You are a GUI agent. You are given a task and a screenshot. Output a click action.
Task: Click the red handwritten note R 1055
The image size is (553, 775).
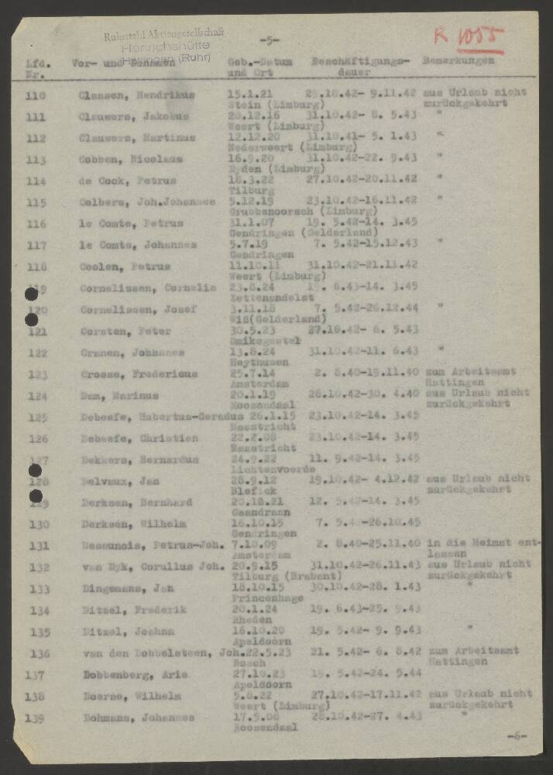click(468, 36)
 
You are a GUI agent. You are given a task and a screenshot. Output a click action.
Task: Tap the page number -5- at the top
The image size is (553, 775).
click(270, 41)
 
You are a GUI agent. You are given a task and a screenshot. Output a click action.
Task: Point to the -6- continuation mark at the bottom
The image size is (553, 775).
click(516, 735)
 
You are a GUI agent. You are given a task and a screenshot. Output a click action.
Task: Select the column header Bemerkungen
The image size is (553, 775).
click(458, 60)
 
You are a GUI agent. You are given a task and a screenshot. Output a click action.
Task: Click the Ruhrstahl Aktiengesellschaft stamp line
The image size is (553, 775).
click(164, 33)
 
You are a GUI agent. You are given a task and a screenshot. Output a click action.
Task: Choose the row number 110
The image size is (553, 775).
click(36, 95)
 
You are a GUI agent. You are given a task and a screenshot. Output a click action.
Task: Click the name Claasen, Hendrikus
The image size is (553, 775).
click(136, 95)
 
